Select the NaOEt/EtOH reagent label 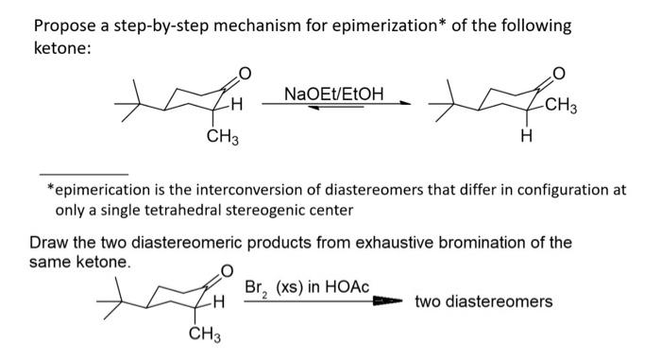[x=334, y=94]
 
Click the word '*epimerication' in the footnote [x=97, y=189]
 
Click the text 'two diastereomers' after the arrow [x=483, y=302]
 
